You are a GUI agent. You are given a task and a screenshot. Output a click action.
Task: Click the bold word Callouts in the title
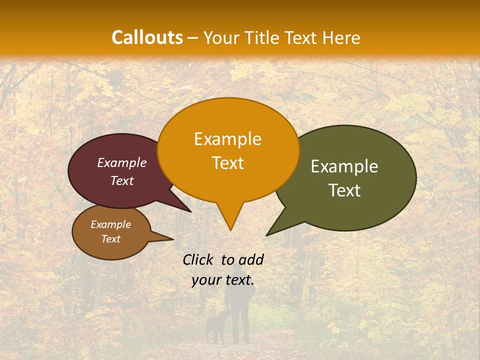[147, 37]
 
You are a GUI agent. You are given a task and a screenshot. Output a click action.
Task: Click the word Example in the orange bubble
[227, 139]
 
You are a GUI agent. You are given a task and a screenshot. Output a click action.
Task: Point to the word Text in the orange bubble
[227, 163]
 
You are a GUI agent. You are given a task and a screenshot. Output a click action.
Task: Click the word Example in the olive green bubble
[344, 166]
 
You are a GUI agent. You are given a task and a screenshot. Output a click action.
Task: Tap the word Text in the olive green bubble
[344, 190]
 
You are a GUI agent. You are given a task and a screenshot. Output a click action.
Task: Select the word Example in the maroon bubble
[122, 162]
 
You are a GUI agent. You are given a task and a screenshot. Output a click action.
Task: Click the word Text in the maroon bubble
[122, 180]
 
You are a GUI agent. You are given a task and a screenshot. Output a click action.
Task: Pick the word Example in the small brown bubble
[110, 224]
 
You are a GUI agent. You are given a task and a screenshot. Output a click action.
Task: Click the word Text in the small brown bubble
[110, 239]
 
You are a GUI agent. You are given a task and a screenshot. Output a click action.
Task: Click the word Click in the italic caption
[198, 259]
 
